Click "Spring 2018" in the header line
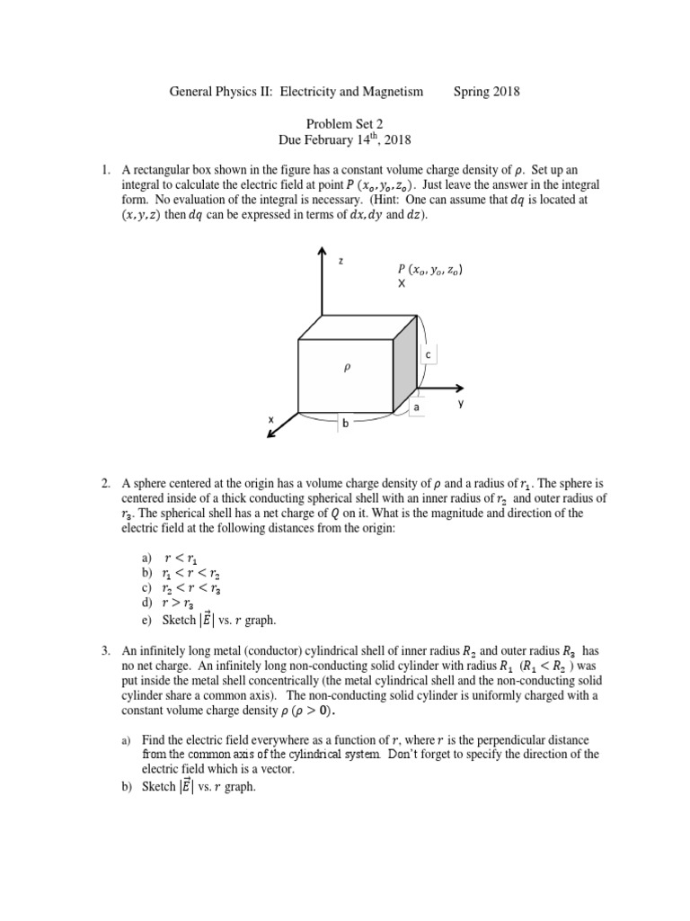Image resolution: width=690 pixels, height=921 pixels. point(487,91)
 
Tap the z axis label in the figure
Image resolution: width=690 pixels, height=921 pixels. point(341,260)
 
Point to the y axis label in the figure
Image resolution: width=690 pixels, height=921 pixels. point(461,403)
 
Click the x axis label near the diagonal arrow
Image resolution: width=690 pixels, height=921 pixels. point(270,420)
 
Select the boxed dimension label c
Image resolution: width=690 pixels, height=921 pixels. point(429,356)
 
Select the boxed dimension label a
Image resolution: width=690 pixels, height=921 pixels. point(416,407)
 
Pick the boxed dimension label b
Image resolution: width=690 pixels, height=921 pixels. point(342,422)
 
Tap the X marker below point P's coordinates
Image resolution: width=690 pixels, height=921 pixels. point(402,283)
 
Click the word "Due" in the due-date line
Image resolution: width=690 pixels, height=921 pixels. point(294,139)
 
